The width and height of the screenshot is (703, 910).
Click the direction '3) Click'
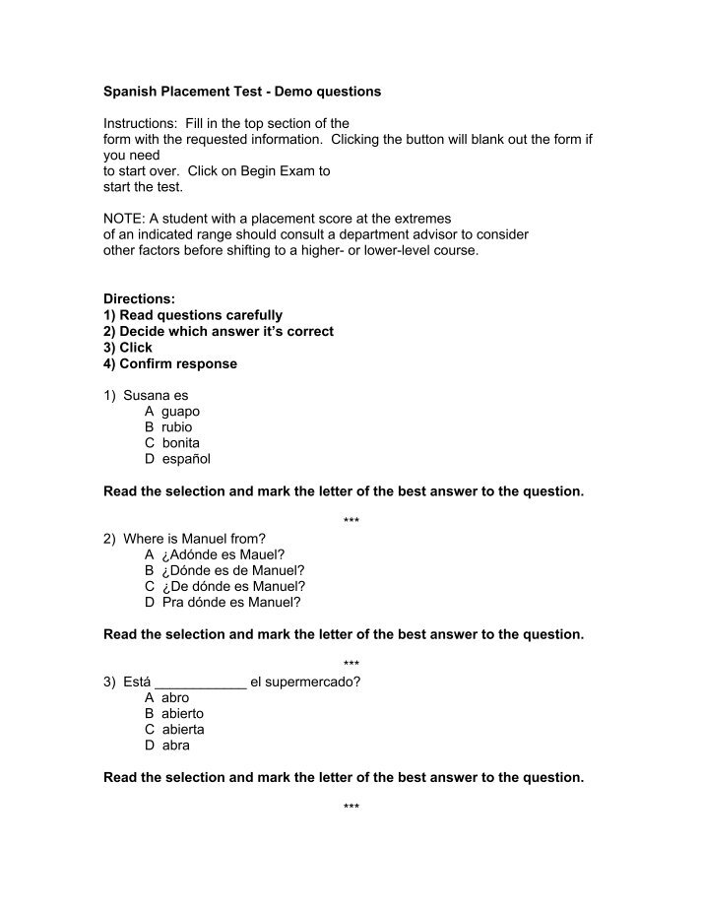point(128,348)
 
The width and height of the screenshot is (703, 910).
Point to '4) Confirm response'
point(170,363)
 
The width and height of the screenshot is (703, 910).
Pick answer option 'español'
point(186,459)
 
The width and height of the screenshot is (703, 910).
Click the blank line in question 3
point(201,682)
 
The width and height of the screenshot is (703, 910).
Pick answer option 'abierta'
point(183,730)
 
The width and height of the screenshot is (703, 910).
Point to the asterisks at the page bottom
point(351,808)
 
